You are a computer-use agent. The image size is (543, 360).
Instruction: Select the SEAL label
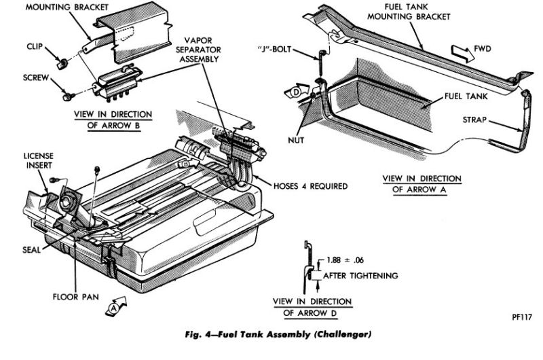pyautogui.click(x=30, y=248)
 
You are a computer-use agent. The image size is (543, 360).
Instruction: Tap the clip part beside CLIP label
pyautogui.click(x=61, y=65)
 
